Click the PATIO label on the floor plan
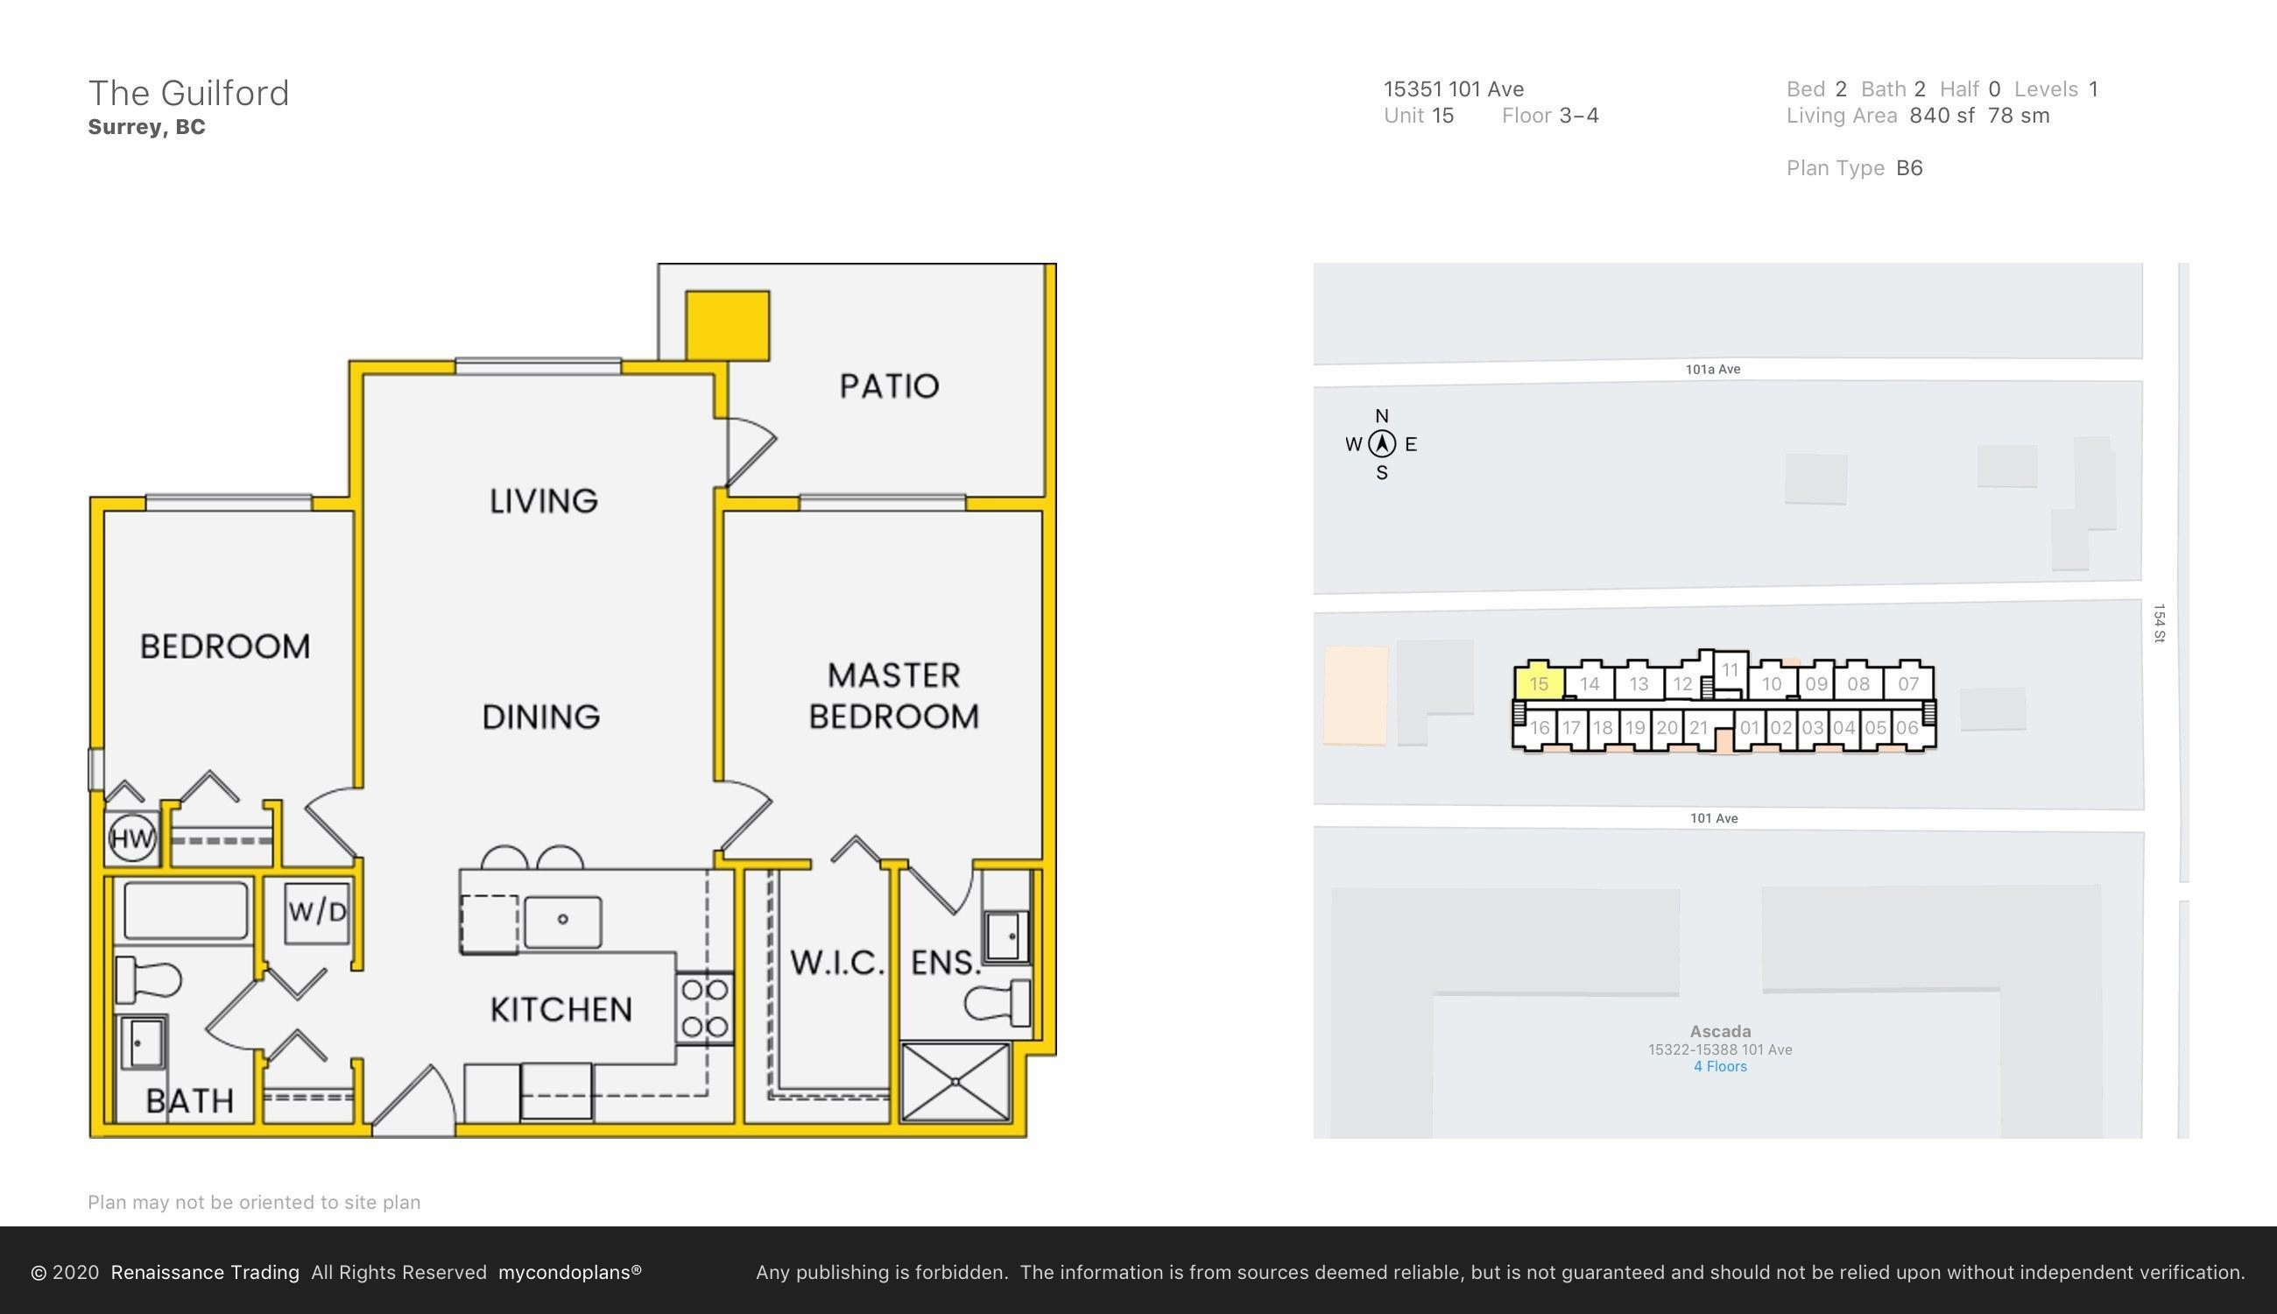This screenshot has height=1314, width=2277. pyautogui.click(x=890, y=386)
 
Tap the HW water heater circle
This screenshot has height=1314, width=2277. pyautogui.click(x=132, y=838)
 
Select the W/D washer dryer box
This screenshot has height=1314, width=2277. pyautogui.click(x=317, y=912)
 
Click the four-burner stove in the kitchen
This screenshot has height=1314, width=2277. pyautogui.click(x=705, y=1008)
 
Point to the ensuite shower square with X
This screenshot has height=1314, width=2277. pyautogui.click(x=955, y=1082)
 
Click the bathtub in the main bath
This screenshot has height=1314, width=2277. pyautogui.click(x=186, y=912)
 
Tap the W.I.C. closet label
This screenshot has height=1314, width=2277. pyautogui.click(x=836, y=963)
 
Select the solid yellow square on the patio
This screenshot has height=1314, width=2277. pyautogui.click(x=728, y=326)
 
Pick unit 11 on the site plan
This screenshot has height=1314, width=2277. pyautogui.click(x=1730, y=669)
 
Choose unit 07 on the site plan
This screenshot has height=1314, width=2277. pyautogui.click(x=1908, y=683)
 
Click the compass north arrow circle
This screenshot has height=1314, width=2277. pyautogui.click(x=1382, y=444)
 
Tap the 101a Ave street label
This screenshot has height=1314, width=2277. pyautogui.click(x=1713, y=369)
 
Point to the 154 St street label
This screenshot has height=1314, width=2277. pyautogui.click(x=2159, y=624)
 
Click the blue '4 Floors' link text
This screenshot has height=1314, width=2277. pyautogui.click(x=1720, y=1067)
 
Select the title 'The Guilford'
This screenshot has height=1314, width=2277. pyautogui.click(x=188, y=93)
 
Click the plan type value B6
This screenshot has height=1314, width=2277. pyautogui.click(x=1909, y=168)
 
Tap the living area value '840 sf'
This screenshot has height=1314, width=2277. pyautogui.click(x=1942, y=116)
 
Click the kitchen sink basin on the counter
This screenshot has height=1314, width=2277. pyautogui.click(x=563, y=922)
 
